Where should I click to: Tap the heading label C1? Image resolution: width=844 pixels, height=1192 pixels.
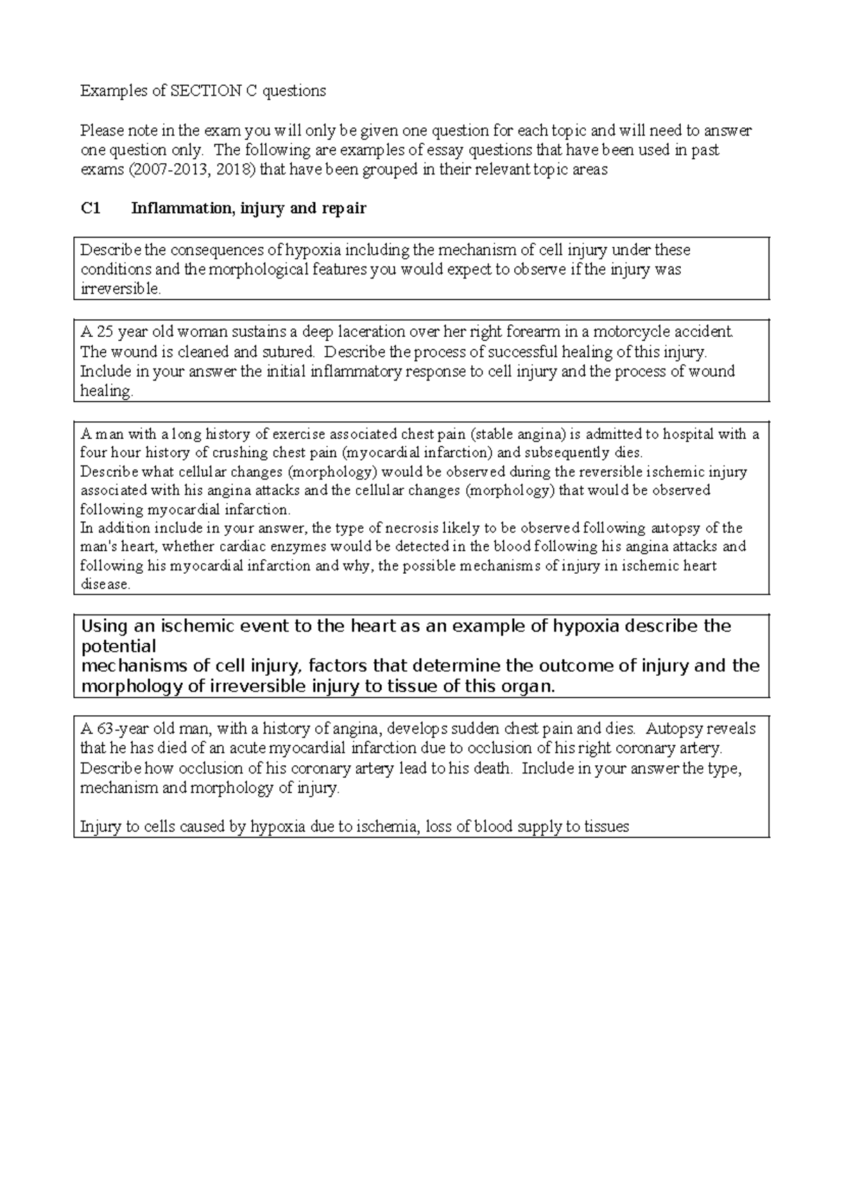(x=91, y=209)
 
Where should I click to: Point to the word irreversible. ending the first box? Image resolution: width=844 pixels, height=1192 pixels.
(x=121, y=290)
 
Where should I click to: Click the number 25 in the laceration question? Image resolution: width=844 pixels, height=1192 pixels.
(x=104, y=332)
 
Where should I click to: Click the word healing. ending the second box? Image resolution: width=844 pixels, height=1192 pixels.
(x=106, y=392)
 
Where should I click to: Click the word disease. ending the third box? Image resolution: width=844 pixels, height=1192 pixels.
(x=105, y=585)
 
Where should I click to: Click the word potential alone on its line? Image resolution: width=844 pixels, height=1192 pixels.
(x=119, y=646)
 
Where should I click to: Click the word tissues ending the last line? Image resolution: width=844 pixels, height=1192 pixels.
(x=606, y=827)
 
